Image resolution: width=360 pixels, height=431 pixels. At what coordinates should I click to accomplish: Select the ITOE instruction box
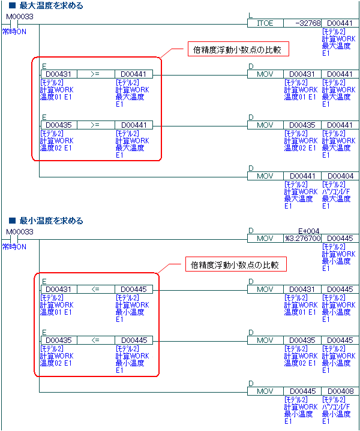pyautogui.click(x=265, y=23)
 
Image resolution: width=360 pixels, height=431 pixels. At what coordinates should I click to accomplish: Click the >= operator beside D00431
pyautogui.click(x=95, y=74)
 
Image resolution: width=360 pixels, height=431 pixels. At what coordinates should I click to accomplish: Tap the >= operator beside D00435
pyautogui.click(x=95, y=125)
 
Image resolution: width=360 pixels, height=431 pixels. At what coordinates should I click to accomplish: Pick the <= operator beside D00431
pyautogui.click(x=95, y=290)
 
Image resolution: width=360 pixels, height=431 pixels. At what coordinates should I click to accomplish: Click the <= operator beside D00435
pyautogui.click(x=95, y=340)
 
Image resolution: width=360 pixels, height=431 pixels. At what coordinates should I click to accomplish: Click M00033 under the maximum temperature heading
pyautogui.click(x=19, y=16)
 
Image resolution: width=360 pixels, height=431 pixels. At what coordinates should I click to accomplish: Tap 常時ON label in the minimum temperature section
pyautogui.click(x=14, y=246)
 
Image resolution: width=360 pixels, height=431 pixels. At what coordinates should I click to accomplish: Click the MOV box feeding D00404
pyautogui.click(x=265, y=176)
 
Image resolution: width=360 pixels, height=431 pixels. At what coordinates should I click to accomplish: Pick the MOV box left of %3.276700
pyautogui.click(x=265, y=239)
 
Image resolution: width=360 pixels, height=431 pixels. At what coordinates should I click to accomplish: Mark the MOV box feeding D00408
pyautogui.click(x=265, y=391)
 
